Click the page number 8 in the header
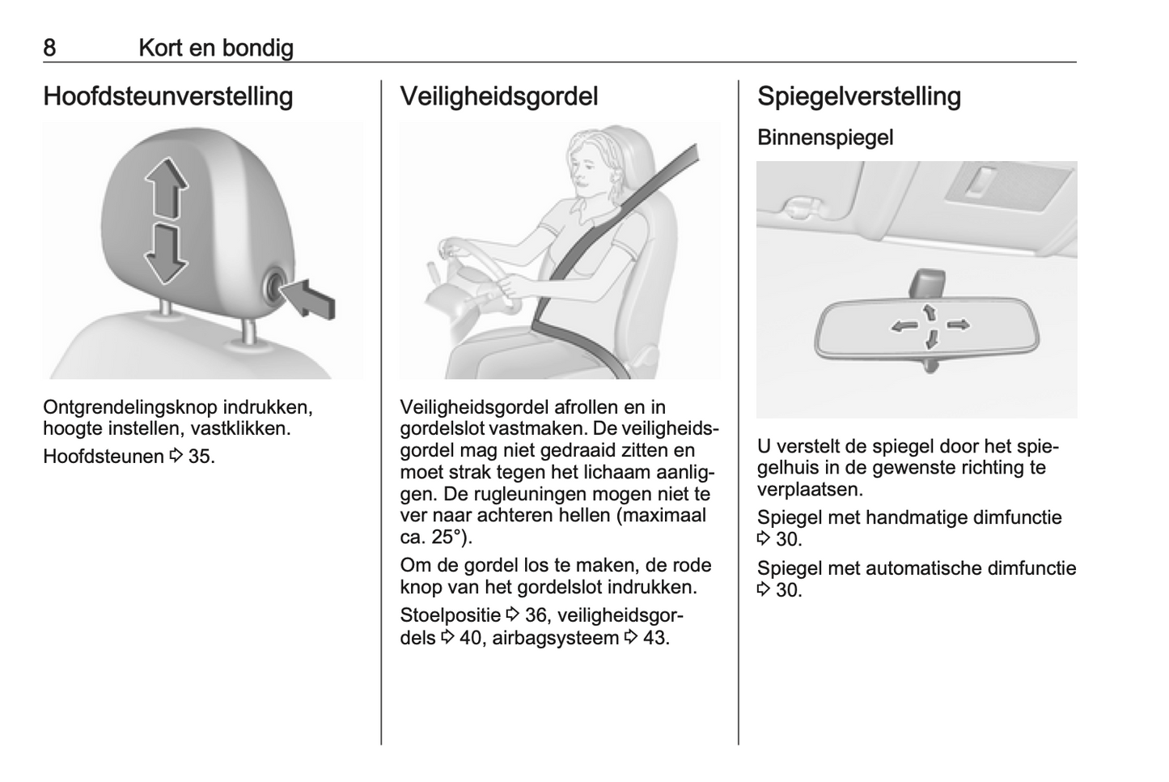(x=49, y=48)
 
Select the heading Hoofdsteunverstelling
(x=168, y=96)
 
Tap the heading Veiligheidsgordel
(x=499, y=96)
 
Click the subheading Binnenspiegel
(x=825, y=138)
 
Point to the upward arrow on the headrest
(x=167, y=187)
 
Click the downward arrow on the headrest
(x=165, y=254)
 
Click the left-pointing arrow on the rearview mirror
(x=904, y=326)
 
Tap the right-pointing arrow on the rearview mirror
(x=959, y=325)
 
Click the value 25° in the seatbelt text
(x=447, y=537)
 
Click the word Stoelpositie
(x=451, y=616)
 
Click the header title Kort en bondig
(x=216, y=49)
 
